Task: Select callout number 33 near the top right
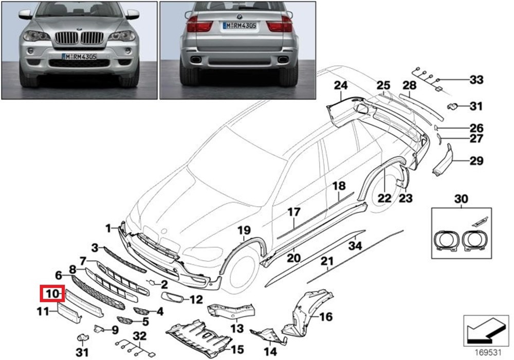[x=476, y=80]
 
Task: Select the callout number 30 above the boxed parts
[x=461, y=199]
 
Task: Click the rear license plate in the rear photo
[x=239, y=25]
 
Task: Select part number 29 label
[x=476, y=161]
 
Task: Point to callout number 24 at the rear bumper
[x=341, y=85]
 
